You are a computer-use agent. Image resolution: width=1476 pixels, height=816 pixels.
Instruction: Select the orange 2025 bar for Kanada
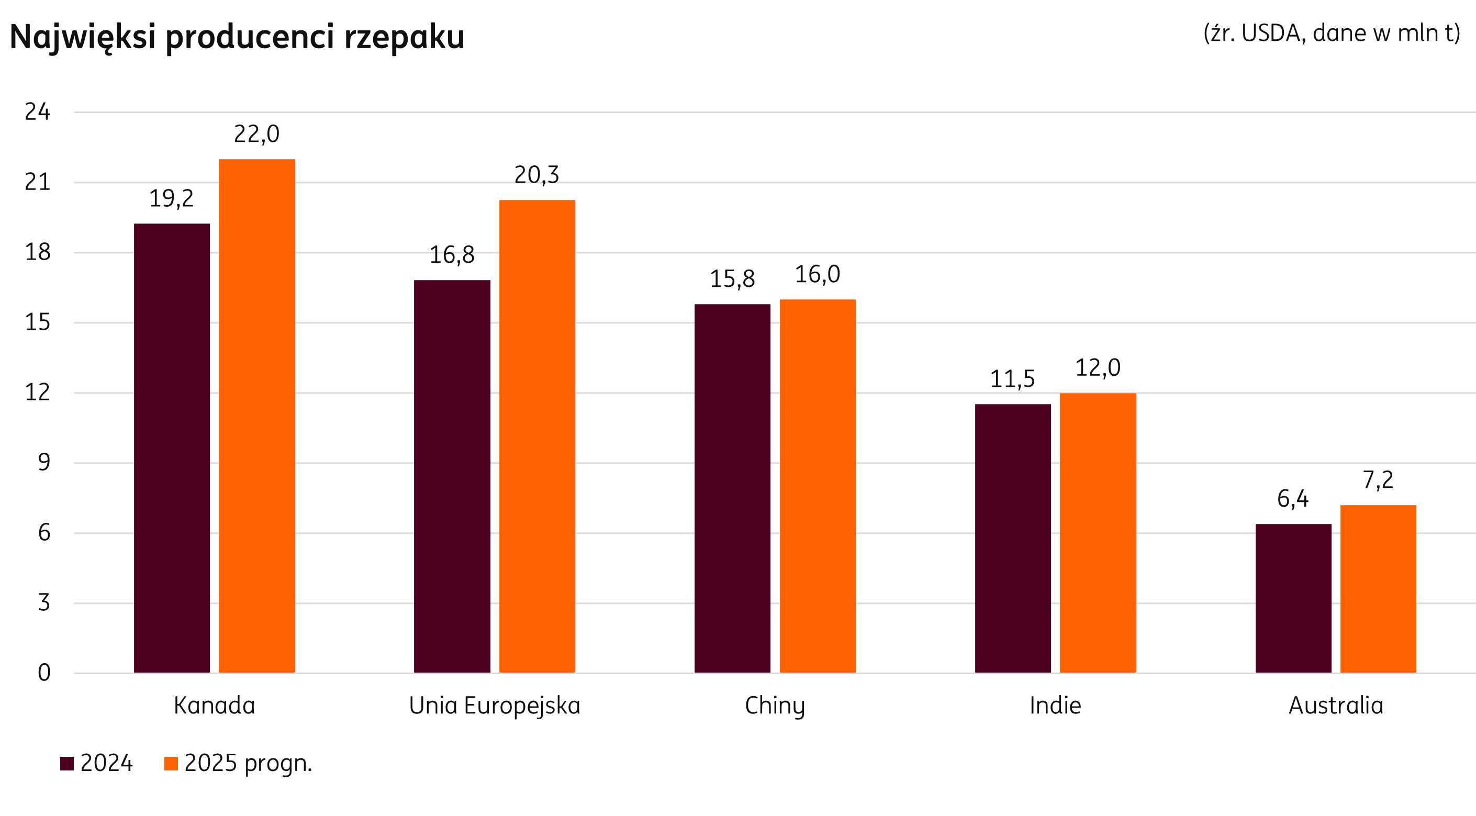(256, 416)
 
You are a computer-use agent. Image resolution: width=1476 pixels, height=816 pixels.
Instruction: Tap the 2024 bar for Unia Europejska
(452, 476)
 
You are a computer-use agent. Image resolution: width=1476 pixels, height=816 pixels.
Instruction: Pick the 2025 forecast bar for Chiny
(818, 486)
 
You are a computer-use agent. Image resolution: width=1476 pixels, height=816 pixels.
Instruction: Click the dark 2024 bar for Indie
(1013, 538)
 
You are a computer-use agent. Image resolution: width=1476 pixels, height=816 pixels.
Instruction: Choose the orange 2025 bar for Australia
(1378, 588)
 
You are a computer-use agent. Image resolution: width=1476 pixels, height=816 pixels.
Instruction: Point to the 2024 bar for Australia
(1293, 598)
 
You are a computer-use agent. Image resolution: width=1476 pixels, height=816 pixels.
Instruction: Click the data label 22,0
(256, 134)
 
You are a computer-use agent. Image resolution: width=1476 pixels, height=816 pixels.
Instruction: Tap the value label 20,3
(536, 175)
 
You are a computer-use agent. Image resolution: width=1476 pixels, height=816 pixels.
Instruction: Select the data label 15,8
(732, 279)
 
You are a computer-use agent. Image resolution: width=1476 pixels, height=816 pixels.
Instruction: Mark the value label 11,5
(1012, 379)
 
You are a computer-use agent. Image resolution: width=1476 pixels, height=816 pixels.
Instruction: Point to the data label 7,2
(1378, 480)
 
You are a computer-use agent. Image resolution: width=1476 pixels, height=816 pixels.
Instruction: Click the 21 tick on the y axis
(38, 182)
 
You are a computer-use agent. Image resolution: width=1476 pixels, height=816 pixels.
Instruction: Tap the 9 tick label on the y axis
(44, 463)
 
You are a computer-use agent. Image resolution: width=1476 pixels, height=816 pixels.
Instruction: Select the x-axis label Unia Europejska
(495, 706)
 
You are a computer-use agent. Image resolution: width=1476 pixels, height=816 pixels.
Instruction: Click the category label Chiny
(775, 706)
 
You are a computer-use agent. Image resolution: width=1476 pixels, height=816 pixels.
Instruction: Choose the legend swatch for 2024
(67, 764)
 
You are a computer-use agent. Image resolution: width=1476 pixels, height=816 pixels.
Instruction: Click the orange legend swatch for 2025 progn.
(171, 764)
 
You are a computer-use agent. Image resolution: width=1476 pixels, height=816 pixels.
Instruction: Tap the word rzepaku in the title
(404, 37)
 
